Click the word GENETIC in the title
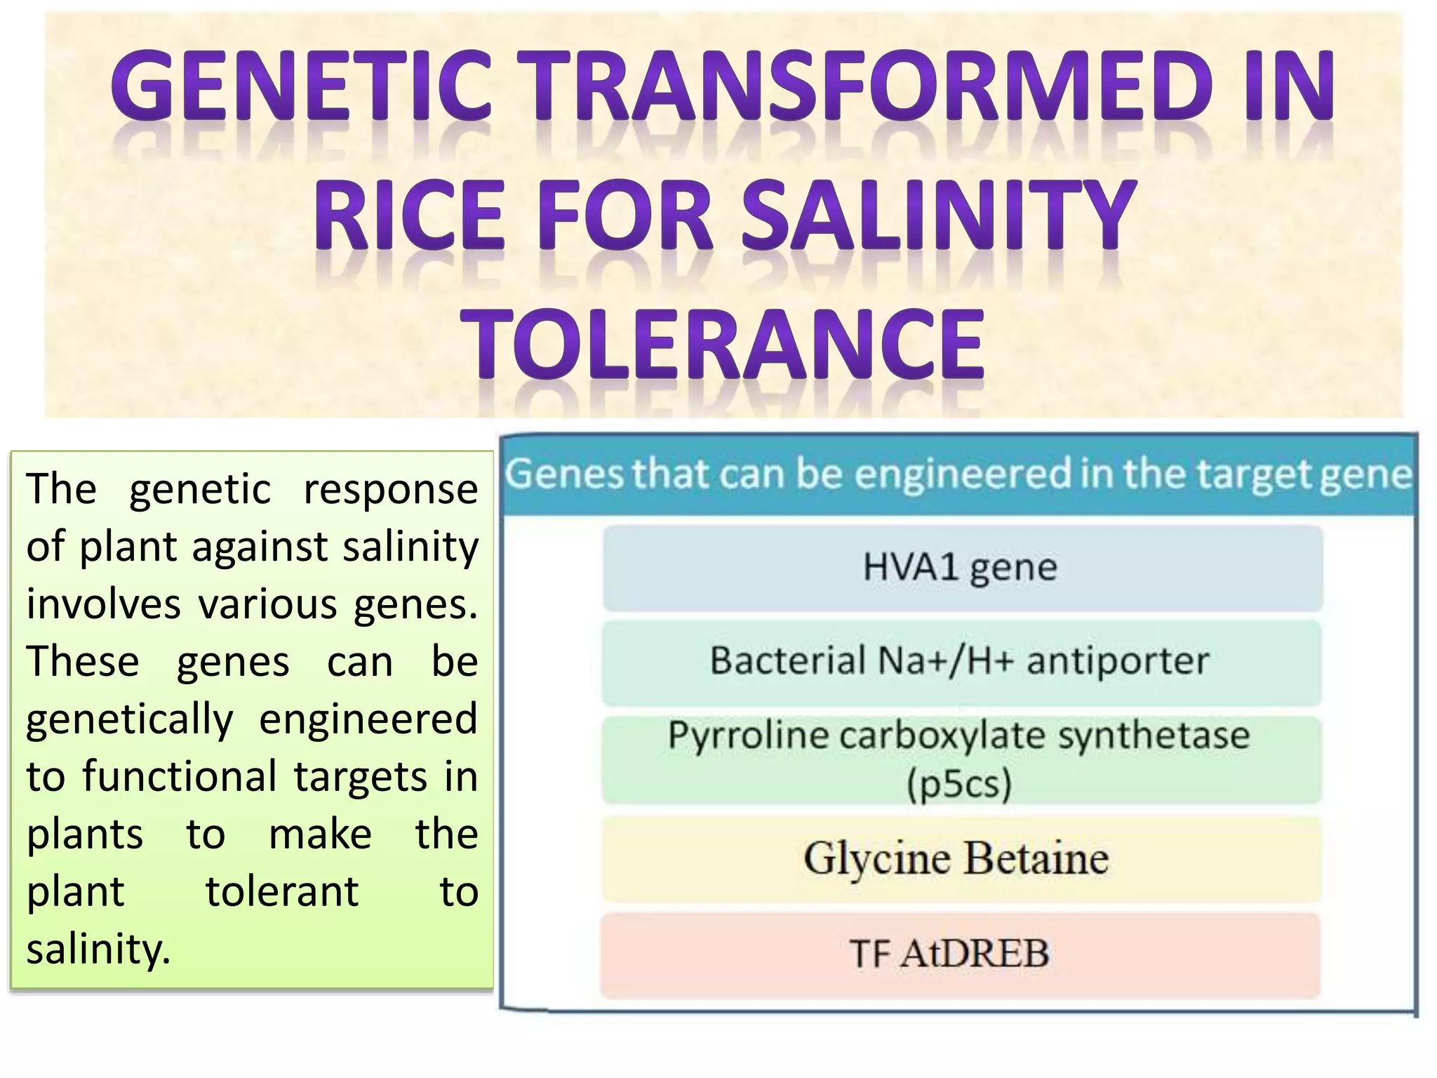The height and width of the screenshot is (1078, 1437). (x=302, y=86)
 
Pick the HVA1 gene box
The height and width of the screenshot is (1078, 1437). (x=961, y=567)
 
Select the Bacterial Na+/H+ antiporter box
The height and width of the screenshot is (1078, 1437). (x=961, y=661)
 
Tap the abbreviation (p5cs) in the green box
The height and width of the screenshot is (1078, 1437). (x=959, y=785)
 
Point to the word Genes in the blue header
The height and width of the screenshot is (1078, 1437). (x=564, y=474)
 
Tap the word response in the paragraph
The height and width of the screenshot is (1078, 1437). (x=391, y=489)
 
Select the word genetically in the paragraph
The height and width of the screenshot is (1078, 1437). (x=130, y=719)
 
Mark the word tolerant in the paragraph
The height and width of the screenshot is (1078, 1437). (x=282, y=892)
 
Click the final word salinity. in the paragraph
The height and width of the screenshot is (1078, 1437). (x=98, y=950)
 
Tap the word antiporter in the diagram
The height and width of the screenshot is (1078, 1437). (x=1118, y=661)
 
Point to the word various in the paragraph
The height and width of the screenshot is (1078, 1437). (x=267, y=604)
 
